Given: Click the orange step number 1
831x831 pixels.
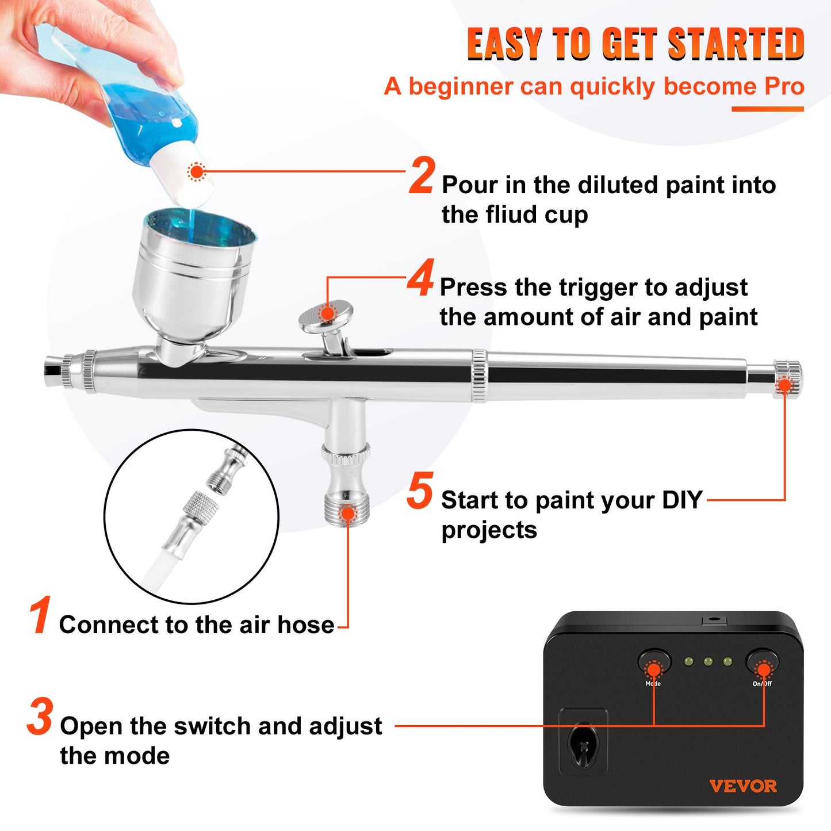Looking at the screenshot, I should click(40, 615).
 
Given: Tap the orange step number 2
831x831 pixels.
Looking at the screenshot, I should click(422, 176).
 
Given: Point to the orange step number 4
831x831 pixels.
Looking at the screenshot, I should click(420, 278).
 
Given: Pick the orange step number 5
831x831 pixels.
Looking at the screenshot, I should click(420, 491).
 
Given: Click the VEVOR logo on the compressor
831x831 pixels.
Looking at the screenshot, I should click(742, 786).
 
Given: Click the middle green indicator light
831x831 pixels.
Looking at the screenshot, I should click(708, 662).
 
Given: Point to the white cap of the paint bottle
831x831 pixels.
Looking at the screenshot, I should click(184, 173).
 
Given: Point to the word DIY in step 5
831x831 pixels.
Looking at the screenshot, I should click(682, 500).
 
